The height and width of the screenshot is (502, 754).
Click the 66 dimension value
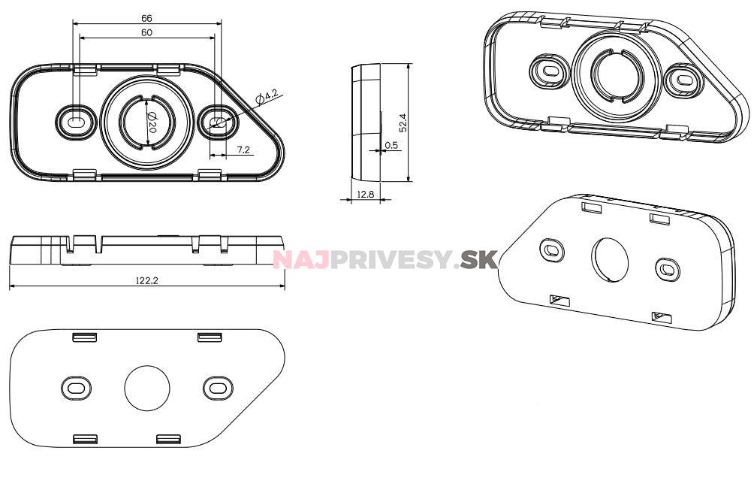coord(146,17)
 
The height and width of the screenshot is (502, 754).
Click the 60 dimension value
coord(146,32)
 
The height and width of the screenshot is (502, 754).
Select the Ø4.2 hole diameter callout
coord(267,95)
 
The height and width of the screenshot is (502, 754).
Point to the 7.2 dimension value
coord(243,150)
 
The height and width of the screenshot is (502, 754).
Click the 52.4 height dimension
coord(403,122)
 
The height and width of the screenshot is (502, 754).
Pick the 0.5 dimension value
coord(391,145)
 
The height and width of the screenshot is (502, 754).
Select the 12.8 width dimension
coord(365,194)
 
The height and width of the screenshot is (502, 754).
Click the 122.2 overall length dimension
coord(146,280)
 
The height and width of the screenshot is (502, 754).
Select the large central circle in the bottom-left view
coord(147,388)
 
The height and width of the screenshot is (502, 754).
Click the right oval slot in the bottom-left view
coord(218,388)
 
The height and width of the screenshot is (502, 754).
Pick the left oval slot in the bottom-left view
coord(77,388)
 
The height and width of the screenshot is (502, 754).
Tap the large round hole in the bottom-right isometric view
coord(610,260)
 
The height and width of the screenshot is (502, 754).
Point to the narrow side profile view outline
coord(366,122)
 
